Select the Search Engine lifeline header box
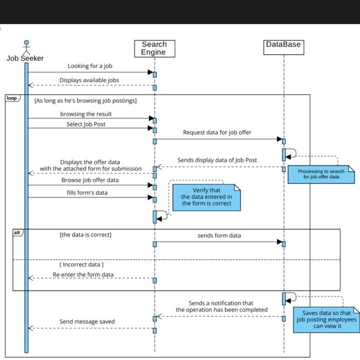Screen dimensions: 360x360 point(154,48)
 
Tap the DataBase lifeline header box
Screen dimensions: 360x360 point(283,45)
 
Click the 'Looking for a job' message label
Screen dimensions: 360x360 point(90,66)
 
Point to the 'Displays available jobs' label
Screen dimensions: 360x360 point(89,80)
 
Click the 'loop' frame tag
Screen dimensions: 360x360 point(11,98)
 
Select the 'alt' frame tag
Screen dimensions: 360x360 point(17,233)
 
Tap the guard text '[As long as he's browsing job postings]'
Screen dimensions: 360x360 point(85,101)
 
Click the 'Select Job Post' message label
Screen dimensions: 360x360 point(86,124)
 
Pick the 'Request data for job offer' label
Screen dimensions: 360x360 point(217,133)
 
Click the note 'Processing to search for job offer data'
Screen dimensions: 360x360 point(321,174)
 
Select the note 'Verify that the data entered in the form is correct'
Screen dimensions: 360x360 point(206,197)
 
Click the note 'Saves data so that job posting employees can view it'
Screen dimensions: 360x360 point(327,319)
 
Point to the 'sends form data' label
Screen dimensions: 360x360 point(219,236)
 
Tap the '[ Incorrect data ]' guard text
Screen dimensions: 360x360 point(81,264)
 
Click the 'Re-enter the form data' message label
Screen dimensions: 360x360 point(83,275)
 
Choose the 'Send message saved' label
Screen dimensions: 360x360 point(87,322)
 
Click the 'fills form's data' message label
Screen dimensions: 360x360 point(87,193)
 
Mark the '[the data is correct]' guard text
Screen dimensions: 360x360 point(85,235)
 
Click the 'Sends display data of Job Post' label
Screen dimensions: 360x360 point(217,160)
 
